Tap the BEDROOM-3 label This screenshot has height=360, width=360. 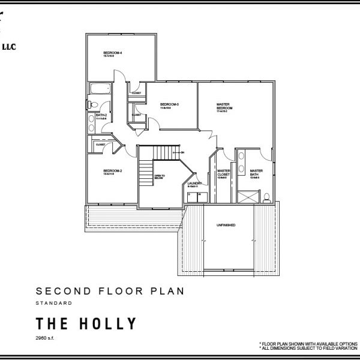(x=166, y=105)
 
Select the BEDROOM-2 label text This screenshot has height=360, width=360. (x=113, y=171)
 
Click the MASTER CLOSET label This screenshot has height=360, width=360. (x=224, y=172)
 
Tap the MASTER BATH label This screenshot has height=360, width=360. (x=257, y=172)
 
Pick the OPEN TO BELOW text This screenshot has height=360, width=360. (x=160, y=176)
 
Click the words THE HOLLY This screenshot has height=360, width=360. (x=86, y=325)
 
